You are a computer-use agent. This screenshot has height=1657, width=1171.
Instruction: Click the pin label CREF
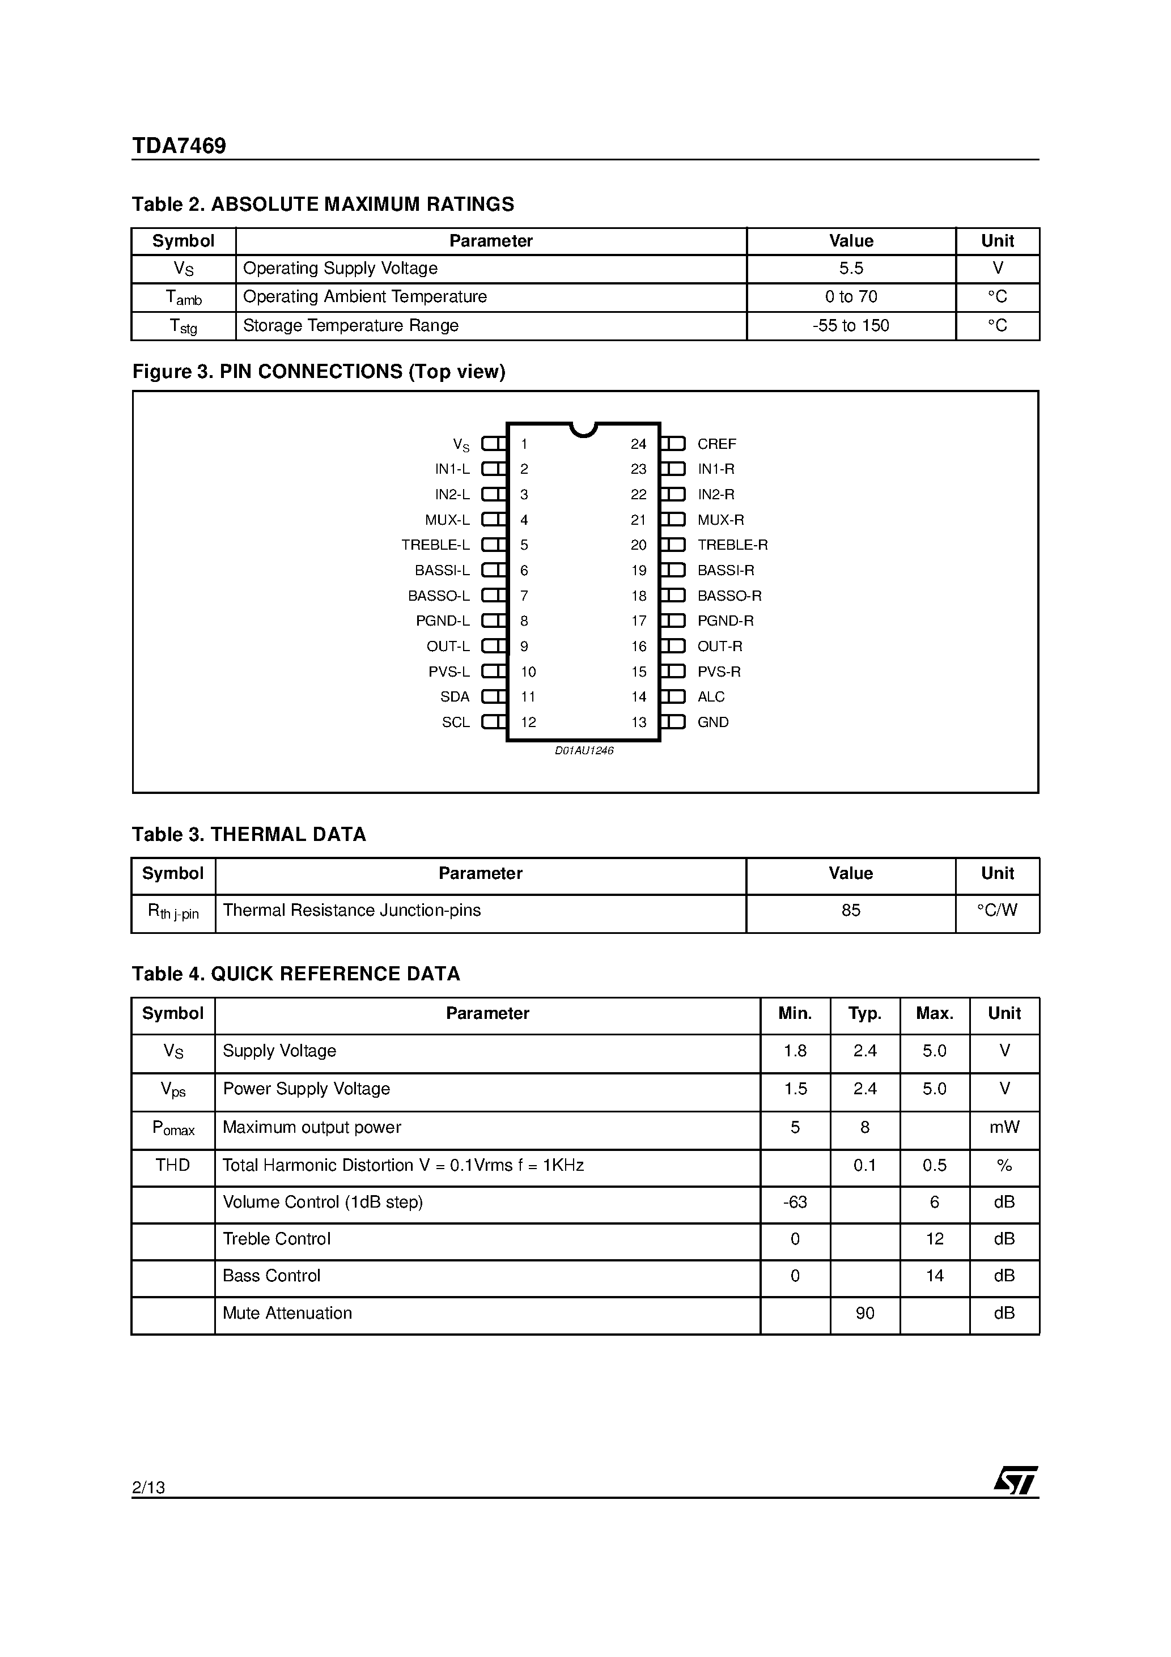716,444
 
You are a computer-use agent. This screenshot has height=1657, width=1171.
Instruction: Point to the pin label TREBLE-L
435,545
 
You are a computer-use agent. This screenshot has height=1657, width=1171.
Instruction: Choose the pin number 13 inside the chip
638,723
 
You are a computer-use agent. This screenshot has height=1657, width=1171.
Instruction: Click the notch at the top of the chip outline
583,430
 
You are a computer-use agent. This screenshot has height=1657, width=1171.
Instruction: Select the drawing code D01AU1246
583,750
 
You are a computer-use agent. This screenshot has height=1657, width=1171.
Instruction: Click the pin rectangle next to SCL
493,722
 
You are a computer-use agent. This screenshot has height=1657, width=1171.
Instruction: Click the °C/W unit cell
997,911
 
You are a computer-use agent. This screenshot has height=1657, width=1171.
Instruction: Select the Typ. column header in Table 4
864,1014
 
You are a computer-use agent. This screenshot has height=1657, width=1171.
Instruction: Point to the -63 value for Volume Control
795,1203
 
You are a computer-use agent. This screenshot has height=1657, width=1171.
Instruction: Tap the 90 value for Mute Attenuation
864,1314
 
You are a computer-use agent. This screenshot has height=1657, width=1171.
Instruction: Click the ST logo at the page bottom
1015,1480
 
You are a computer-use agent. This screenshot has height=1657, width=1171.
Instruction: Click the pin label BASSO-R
729,596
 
